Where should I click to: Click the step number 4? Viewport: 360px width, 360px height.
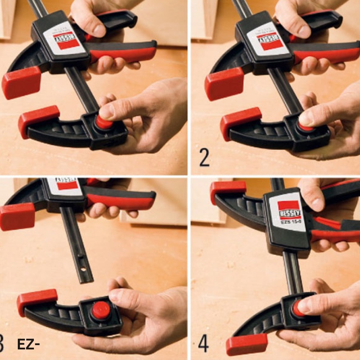coord(203,343)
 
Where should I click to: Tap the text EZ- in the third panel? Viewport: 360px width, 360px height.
coord(28,344)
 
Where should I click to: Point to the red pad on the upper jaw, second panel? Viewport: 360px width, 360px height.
coord(224,83)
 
